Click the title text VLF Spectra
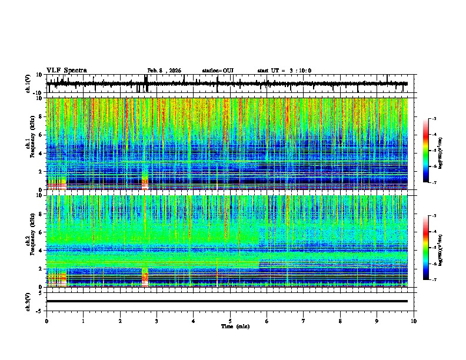66,71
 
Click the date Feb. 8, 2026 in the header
164,71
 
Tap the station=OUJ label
218,71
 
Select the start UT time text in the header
284,71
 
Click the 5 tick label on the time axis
230,321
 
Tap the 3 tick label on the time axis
157,321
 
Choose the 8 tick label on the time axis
340,321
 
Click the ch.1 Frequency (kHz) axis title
30,144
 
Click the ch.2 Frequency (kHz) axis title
30,241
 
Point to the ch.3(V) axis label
29,301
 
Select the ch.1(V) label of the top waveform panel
29,84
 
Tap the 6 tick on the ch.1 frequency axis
42,135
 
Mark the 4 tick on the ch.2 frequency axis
42,250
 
